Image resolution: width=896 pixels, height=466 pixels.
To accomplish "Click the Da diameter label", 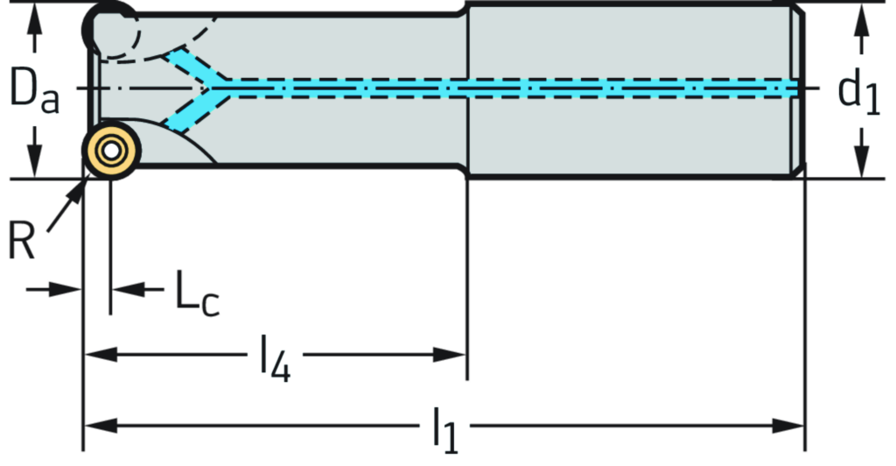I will click(35, 90).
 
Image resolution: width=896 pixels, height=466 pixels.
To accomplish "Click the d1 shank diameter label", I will click(860, 90).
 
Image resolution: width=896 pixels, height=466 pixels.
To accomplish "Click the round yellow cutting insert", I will click(110, 151).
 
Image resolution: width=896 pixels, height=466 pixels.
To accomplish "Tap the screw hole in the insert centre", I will click(110, 151).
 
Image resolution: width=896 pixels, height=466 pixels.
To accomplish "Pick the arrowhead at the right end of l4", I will click(450, 355).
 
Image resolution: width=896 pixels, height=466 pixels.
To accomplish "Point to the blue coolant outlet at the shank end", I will click(793, 88).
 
